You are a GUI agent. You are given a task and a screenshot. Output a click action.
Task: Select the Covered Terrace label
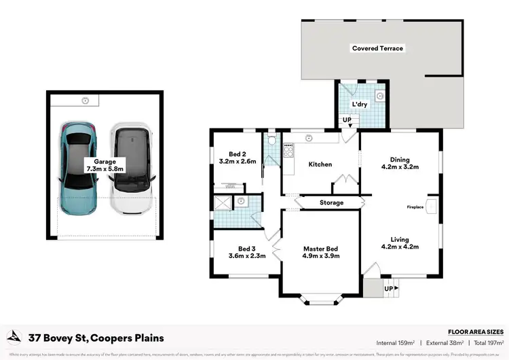[377, 48]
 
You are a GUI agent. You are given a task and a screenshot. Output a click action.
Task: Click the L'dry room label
[360, 104]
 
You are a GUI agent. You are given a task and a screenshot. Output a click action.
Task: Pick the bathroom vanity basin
[241, 200]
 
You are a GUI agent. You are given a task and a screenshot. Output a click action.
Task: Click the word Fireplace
[415, 206]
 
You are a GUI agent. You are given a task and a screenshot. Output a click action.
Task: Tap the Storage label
[331, 202]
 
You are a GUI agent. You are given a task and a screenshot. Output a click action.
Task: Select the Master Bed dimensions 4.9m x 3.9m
[321, 256]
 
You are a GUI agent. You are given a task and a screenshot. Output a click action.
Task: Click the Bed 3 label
[246, 249]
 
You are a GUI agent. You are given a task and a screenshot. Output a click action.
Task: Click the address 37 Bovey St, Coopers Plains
[95, 338]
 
